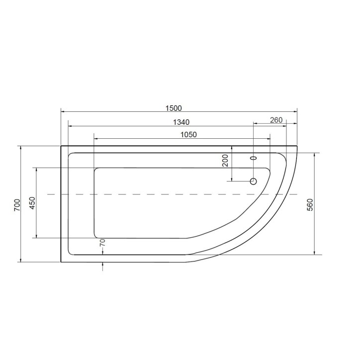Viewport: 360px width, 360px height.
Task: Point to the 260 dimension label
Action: pos(276,120)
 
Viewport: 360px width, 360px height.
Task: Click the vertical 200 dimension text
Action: pos(225,161)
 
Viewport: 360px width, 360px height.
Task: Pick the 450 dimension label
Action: pos(32,204)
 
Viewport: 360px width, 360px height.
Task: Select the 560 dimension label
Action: pos(309,204)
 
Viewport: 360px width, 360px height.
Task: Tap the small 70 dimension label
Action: pos(102,243)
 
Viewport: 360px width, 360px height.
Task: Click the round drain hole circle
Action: pos(253,181)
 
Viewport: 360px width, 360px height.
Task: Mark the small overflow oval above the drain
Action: pos(253,158)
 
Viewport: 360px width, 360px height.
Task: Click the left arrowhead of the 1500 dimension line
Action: pos(62,112)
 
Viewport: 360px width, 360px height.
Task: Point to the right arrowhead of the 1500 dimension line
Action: pos(295,112)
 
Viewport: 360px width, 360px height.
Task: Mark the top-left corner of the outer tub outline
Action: pos(61,146)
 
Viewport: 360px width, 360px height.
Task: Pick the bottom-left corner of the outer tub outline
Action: pos(61,262)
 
